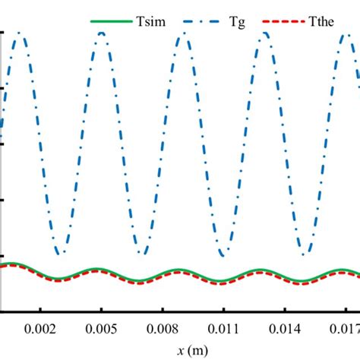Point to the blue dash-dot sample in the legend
tap(196, 21)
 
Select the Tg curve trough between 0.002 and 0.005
tap(61, 253)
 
